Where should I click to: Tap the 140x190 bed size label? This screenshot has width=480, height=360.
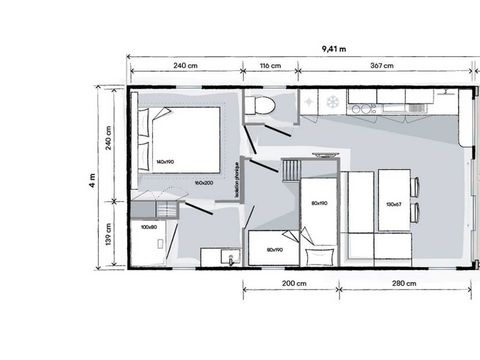tap(166, 161)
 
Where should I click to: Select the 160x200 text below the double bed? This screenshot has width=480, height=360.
tap(207, 183)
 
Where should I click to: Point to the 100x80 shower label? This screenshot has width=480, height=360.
tap(148, 228)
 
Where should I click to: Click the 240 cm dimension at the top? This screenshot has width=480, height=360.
tap(184, 65)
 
